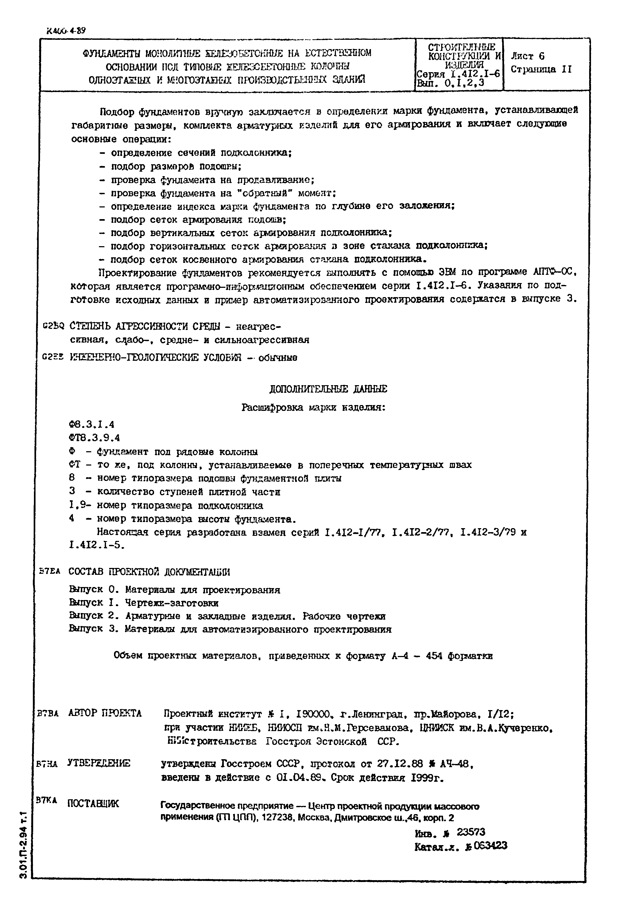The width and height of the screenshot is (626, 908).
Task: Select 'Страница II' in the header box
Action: pyautogui.click(x=541, y=69)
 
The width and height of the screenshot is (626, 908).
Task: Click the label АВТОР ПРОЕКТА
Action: pyautogui.click(x=105, y=713)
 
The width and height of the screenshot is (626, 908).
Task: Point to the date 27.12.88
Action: pyautogui.click(x=400, y=764)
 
